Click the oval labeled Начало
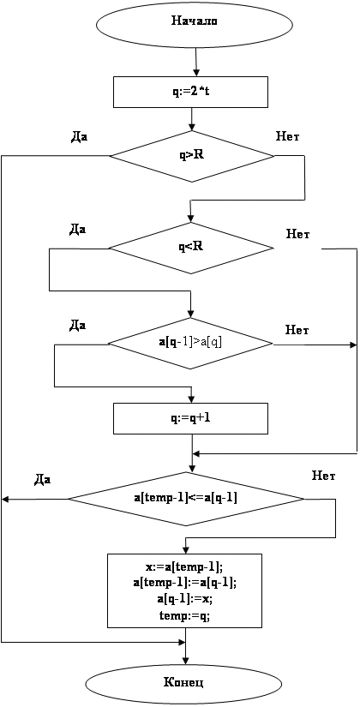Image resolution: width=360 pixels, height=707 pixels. coord(195,21)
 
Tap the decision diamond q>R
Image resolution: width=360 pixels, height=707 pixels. coord(193,157)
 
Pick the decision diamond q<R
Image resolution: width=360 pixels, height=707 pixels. coord(191,248)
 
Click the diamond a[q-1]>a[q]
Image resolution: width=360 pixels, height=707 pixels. coord(191,345)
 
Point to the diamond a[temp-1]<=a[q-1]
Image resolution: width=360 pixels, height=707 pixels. coord(186,499)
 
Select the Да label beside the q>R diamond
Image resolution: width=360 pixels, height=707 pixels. coord(80,136)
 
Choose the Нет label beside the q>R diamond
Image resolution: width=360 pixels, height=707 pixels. coord(288,135)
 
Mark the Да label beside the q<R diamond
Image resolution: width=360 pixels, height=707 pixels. coord(78,230)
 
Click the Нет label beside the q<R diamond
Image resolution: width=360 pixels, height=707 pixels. coord(298,235)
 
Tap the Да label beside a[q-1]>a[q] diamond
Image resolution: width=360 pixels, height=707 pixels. coord(78,325)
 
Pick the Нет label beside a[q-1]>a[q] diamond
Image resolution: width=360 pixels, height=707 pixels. coord(297,330)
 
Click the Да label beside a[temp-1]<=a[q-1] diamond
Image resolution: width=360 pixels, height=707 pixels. coord(43,480)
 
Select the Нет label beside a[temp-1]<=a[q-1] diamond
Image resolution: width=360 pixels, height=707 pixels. coord(323,476)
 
